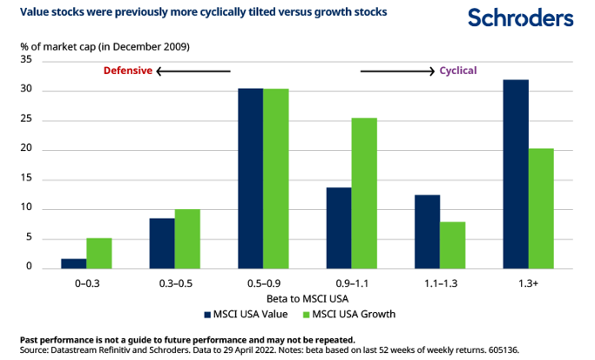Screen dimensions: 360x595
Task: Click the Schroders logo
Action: [x=520, y=17]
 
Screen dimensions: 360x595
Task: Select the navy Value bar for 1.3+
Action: [x=516, y=173]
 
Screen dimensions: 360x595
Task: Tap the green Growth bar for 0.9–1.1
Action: [x=364, y=193]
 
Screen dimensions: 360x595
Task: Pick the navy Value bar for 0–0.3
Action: [x=74, y=262]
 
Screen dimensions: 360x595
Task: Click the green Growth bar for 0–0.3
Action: [x=99, y=253]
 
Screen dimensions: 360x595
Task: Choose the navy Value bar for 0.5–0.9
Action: [x=250, y=178]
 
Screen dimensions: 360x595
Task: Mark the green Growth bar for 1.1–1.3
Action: [x=452, y=245]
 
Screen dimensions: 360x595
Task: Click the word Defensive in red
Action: [x=128, y=71]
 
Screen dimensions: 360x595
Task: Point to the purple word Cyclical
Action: [x=457, y=71]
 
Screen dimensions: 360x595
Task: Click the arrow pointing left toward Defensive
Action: [x=193, y=71]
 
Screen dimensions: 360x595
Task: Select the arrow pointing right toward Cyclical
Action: [x=397, y=71]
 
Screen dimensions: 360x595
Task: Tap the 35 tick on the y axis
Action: [x=25, y=60]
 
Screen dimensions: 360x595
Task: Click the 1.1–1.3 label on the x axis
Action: [x=440, y=283]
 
